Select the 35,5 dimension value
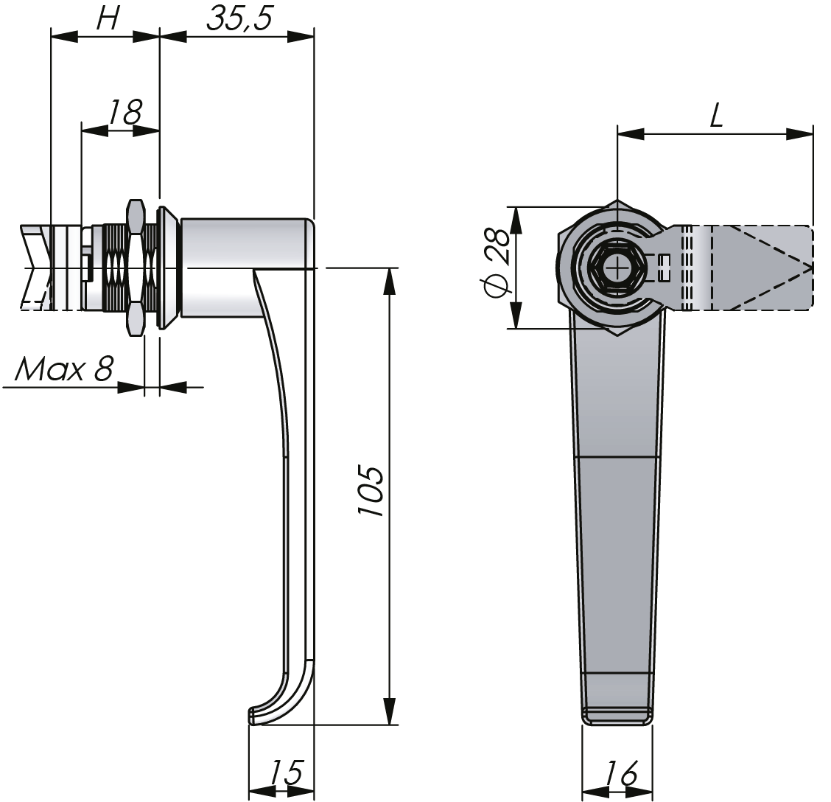239,18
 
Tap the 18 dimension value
125,113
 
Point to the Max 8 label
63,369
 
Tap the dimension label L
716,116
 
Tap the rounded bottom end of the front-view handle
617,716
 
